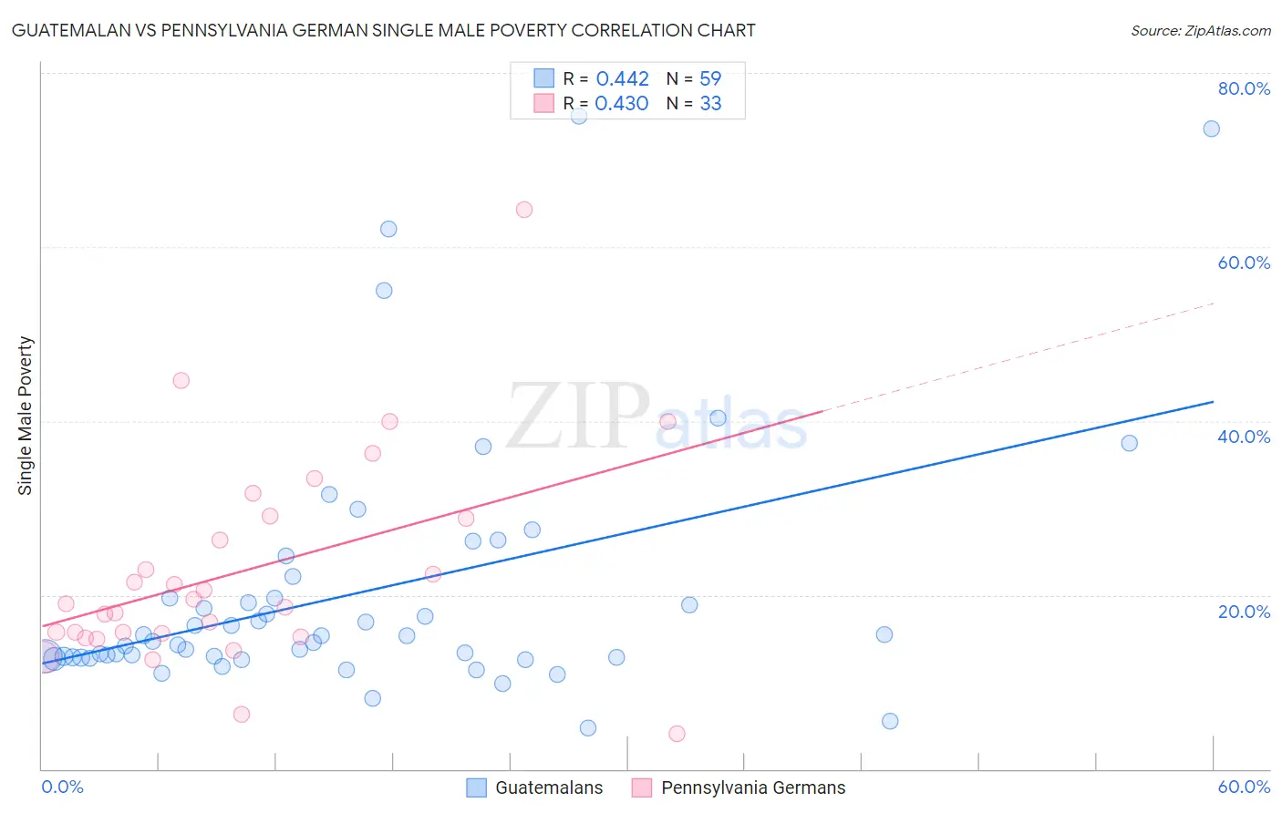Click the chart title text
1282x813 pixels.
(383, 30)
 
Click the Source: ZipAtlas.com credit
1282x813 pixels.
(1200, 30)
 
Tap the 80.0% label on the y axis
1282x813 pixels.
(1244, 88)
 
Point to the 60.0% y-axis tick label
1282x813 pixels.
(1244, 262)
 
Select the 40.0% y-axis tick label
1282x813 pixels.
(1244, 437)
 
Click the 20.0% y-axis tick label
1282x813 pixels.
(1244, 612)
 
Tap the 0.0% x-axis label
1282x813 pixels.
(62, 787)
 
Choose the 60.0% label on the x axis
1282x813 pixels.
(1244, 787)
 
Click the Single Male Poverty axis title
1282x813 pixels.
(26, 416)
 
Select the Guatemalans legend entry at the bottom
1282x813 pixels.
(548, 787)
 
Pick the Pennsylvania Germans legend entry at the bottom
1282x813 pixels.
(752, 787)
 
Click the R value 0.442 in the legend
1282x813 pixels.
(622, 79)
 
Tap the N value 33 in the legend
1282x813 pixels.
(710, 104)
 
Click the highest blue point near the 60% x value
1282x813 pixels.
(1211, 129)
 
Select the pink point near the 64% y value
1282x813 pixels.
(523, 210)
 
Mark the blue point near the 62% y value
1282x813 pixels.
(388, 229)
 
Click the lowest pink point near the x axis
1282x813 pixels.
(677, 734)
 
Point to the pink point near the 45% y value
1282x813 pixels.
(181, 381)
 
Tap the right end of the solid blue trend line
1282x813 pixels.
(1212, 402)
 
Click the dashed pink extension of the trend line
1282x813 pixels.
(1021, 355)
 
